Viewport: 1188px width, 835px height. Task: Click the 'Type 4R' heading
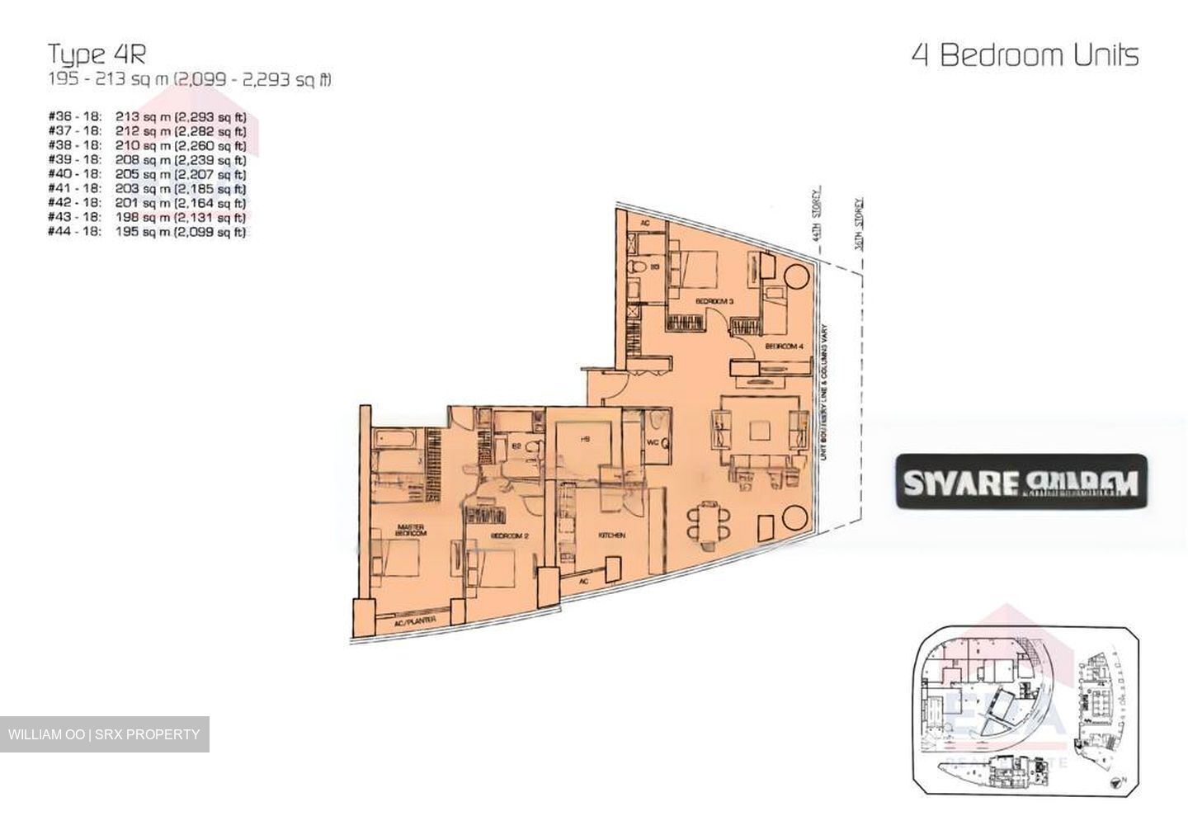pos(97,54)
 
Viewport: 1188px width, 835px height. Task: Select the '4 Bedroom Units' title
pos(1025,55)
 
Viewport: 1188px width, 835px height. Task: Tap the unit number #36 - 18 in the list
pos(75,117)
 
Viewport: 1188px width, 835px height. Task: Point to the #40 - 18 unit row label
pos(75,174)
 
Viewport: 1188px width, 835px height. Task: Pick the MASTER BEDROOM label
pos(411,530)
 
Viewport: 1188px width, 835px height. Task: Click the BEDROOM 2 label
pos(509,535)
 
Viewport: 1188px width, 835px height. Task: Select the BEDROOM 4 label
pos(784,347)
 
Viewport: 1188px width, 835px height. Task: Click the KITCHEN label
pos(611,535)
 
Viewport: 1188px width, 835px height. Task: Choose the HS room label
pos(585,439)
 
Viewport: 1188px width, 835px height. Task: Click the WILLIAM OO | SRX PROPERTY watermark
pos(104,734)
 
